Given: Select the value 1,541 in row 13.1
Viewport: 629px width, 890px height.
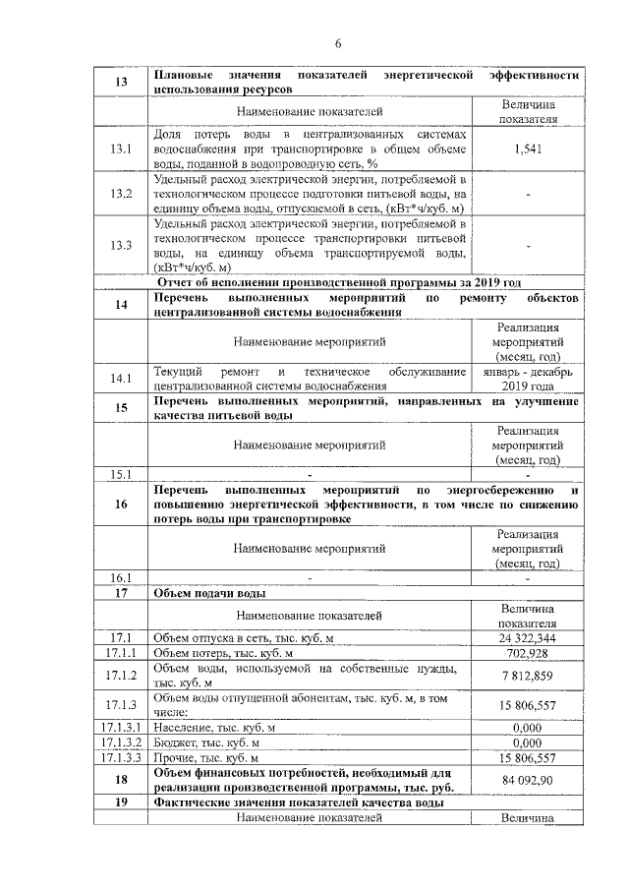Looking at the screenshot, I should pyautogui.click(x=528, y=148).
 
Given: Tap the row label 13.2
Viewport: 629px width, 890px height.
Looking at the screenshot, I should pyautogui.click(x=121, y=195).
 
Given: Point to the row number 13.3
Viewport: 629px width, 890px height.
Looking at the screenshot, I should pyautogui.click(x=121, y=246).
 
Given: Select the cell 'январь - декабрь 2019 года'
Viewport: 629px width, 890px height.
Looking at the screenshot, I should pyautogui.click(x=528, y=379).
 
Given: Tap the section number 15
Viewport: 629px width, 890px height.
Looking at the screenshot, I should pyautogui.click(x=121, y=408).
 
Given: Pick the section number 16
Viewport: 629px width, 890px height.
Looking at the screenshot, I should pyautogui.click(x=121, y=504).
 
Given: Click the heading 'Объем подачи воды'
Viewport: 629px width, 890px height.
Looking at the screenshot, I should pyautogui.click(x=211, y=593).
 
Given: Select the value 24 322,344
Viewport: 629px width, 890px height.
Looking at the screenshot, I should pyautogui.click(x=528, y=638).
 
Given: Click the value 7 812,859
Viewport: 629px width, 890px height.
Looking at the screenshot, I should pyautogui.click(x=528, y=676).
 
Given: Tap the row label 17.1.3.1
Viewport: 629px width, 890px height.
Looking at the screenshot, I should pyautogui.click(x=121, y=727).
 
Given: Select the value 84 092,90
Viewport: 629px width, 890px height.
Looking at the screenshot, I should pyautogui.click(x=528, y=781).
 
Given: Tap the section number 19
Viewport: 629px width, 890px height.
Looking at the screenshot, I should pyautogui.click(x=121, y=803).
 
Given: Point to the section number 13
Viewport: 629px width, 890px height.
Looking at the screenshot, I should pyautogui.click(x=121, y=82).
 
